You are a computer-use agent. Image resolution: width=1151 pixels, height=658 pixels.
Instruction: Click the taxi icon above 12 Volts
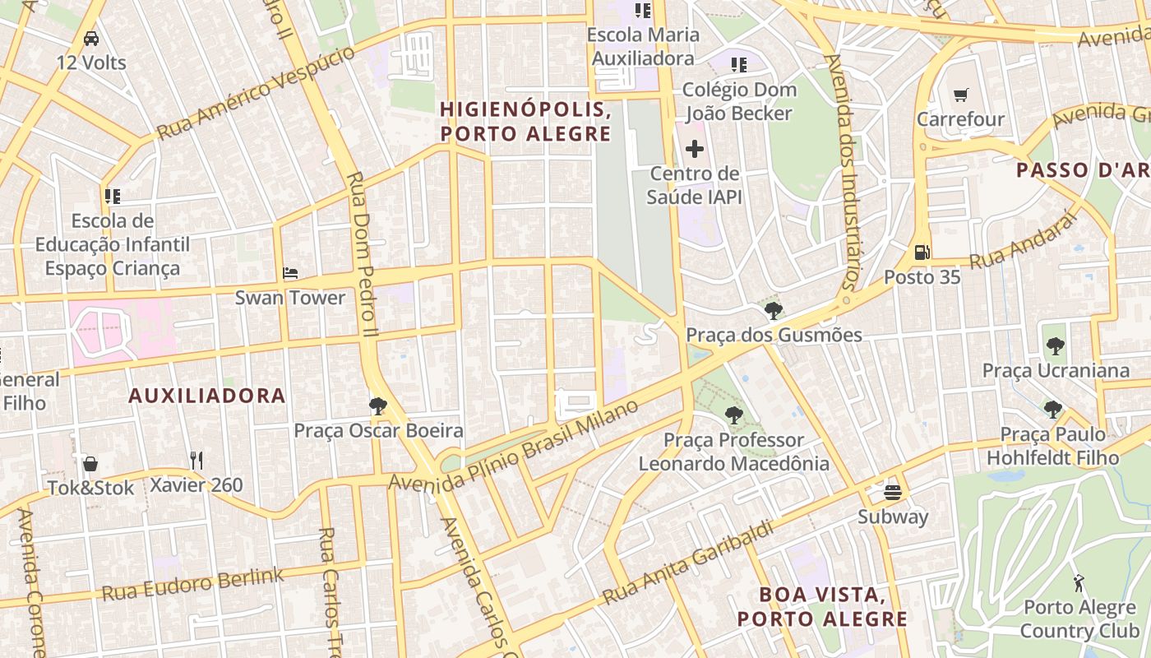tap(91, 39)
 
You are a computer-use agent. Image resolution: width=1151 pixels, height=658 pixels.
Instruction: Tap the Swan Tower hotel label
tap(290, 298)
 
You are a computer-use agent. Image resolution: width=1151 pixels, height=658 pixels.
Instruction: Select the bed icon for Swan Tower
tap(290, 273)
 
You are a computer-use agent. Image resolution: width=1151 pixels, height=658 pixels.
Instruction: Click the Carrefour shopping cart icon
tap(960, 95)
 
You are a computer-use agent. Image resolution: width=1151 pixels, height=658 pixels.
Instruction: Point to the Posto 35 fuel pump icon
tap(922, 253)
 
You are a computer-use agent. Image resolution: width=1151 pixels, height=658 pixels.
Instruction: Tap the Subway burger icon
tap(893, 493)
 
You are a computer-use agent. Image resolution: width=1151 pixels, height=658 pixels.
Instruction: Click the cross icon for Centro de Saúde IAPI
tap(695, 149)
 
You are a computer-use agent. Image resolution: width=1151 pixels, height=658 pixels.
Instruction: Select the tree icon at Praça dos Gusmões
tap(773, 311)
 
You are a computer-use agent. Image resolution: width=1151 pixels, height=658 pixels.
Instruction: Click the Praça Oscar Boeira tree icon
tap(378, 405)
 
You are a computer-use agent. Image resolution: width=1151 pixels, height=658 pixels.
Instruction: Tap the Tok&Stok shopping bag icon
tap(90, 464)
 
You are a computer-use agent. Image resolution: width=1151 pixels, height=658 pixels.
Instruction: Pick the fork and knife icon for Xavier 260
tap(196, 461)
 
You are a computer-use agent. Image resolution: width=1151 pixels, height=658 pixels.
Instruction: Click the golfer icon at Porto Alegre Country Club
tap(1078, 583)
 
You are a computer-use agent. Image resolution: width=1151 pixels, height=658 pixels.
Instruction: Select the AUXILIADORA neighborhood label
tap(207, 396)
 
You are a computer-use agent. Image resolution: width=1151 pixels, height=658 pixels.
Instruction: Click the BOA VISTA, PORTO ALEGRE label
tap(822, 606)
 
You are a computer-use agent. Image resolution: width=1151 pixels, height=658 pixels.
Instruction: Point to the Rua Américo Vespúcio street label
tap(257, 93)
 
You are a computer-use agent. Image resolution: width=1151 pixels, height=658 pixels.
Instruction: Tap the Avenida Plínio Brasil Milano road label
tap(514, 445)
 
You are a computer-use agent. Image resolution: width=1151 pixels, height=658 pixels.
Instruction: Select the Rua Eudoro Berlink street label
tap(192, 583)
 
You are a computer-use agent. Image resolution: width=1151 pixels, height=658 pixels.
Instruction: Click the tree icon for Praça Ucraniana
tap(1056, 346)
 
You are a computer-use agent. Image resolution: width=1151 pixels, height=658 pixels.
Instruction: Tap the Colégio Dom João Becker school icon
tap(738, 64)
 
